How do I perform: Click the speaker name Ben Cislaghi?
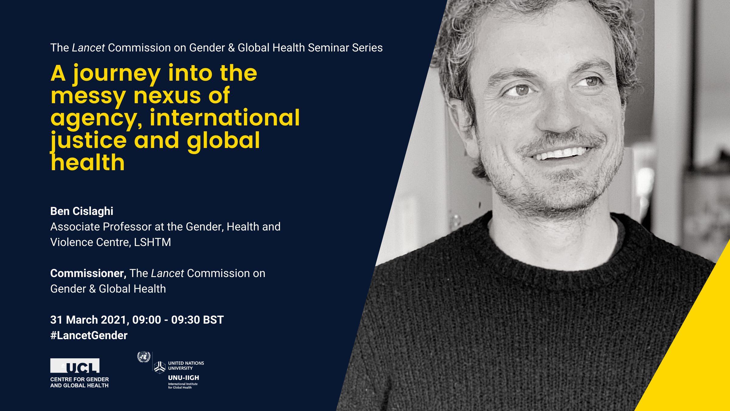(x=82, y=211)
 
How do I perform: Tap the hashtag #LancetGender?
(x=89, y=335)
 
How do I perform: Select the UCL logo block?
(x=75, y=365)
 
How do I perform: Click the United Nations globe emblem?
(x=144, y=357)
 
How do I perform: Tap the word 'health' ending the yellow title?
(x=88, y=162)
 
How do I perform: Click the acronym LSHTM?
(x=152, y=242)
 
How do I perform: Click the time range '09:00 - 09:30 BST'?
(x=178, y=320)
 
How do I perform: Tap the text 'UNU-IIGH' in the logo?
(x=183, y=378)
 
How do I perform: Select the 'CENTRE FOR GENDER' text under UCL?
(x=79, y=379)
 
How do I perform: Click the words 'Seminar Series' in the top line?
(x=345, y=48)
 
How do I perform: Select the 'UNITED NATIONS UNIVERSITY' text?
(x=186, y=366)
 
